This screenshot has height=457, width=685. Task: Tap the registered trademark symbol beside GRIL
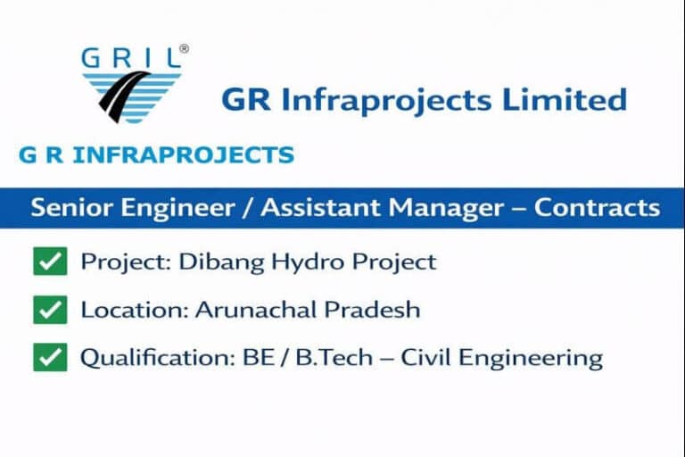pos(184,50)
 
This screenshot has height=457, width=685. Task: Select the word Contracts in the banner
pos(598,208)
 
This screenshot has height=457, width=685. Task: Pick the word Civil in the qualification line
pos(423,358)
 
